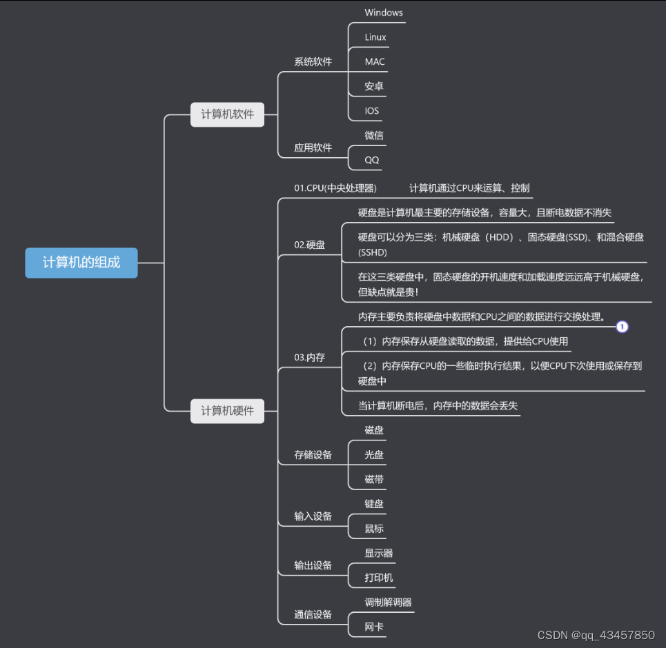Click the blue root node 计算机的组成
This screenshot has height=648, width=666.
81,263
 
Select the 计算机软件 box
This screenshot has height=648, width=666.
227,114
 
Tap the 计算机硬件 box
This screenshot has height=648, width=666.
227,411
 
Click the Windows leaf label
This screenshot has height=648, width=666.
384,12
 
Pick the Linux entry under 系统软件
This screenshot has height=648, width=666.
375,37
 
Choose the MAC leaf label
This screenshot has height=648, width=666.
375,62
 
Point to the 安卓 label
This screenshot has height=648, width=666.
374,87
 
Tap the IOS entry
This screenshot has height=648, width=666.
372,111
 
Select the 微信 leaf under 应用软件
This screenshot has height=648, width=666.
374,136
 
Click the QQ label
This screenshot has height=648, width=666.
372,160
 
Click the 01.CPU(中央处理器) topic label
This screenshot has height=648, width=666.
335,188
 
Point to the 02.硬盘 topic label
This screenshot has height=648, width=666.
309,245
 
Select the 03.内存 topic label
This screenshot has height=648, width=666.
309,357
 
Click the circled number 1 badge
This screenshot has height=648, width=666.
622,327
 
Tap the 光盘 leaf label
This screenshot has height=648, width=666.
374,455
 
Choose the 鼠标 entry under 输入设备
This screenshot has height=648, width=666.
374,529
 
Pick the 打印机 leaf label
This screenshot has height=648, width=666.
379,578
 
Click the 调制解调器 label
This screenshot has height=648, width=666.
388,603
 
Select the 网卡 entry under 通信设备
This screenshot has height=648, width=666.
374,627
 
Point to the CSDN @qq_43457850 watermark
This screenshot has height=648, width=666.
596,635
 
